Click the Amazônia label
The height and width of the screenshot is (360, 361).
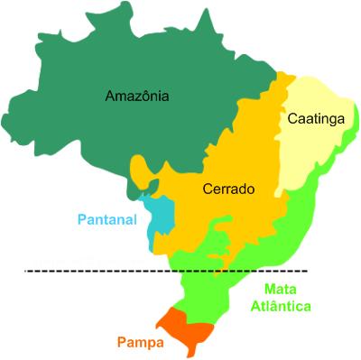pos(137,96)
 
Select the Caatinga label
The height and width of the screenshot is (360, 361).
pos(316,118)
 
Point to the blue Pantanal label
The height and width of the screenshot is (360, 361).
pos(106,219)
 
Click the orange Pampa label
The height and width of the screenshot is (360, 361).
pos(139,343)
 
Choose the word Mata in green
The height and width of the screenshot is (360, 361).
pos(280,290)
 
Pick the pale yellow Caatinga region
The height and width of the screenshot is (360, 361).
pos(311,149)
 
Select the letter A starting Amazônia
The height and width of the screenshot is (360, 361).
pos(110,96)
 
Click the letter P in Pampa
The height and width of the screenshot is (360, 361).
pos(120,343)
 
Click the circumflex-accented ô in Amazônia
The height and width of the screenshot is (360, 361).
pos(148,96)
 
